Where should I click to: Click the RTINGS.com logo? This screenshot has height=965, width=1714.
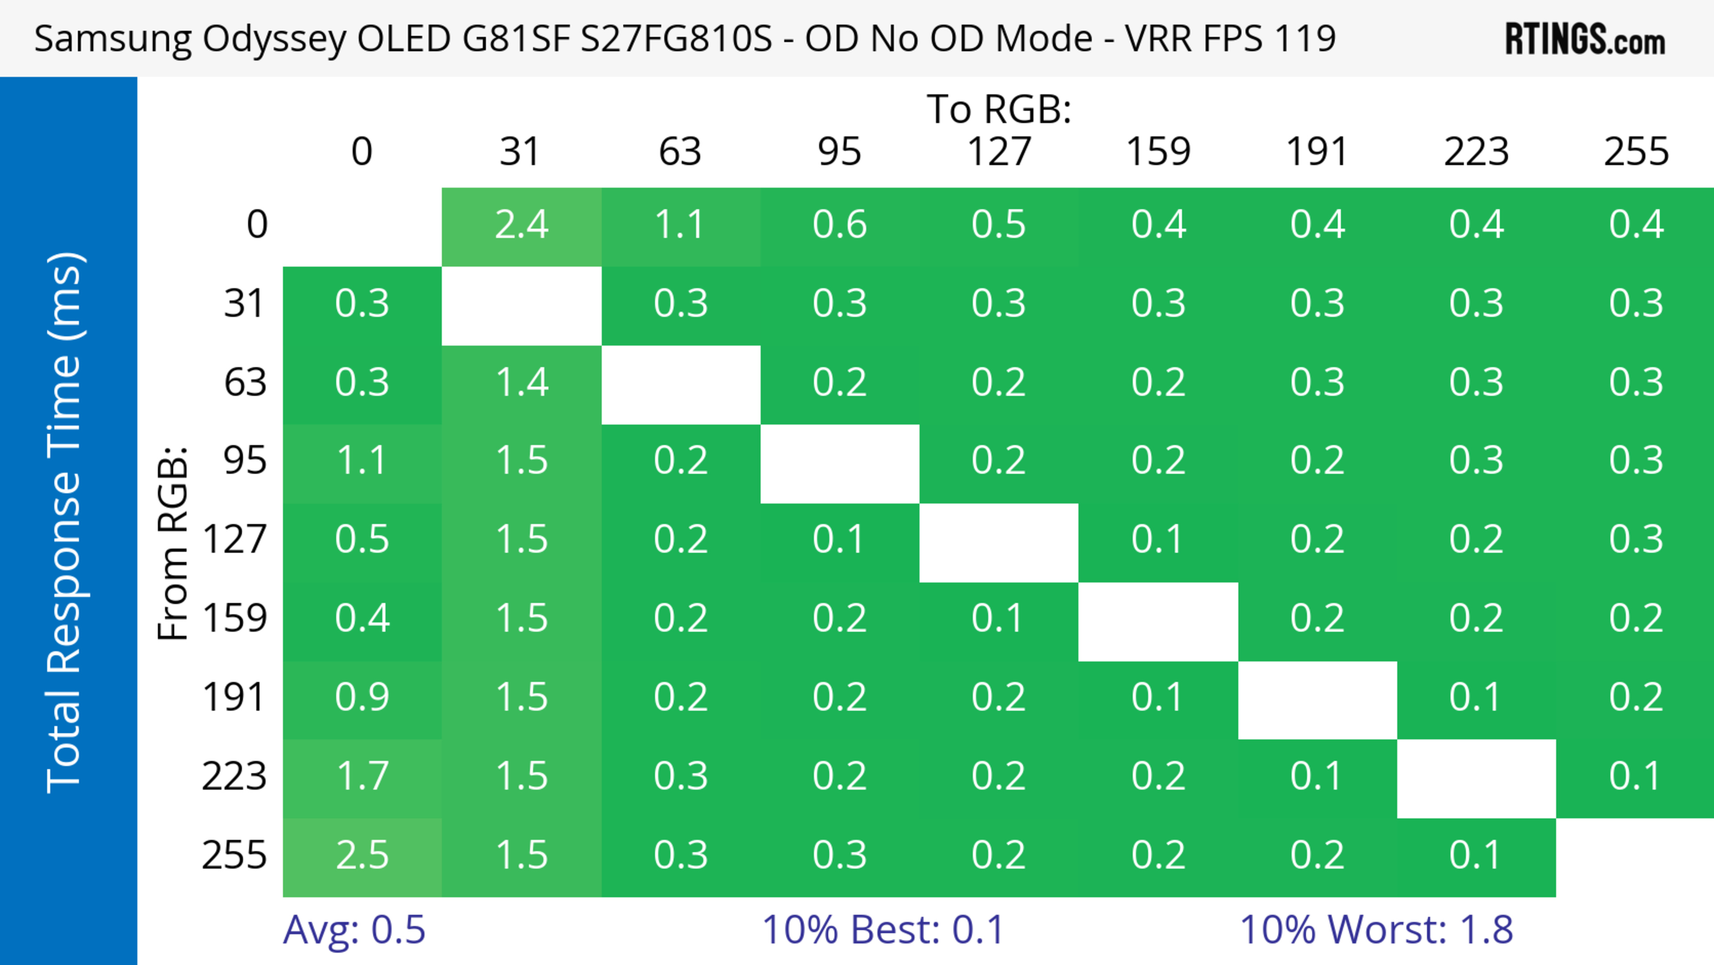[1585, 38]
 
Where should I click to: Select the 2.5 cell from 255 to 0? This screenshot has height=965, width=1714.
[362, 855]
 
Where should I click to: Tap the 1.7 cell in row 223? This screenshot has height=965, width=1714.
[362, 777]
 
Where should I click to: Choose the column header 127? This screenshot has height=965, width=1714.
[999, 152]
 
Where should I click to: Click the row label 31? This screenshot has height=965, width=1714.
[245, 304]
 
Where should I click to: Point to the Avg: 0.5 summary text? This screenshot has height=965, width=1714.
[354, 930]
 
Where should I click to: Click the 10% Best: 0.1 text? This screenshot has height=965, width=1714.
[883, 930]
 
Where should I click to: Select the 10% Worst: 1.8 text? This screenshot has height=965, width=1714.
[1376, 930]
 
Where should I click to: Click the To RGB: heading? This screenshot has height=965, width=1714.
[999, 109]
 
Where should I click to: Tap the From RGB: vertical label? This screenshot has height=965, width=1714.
[173, 543]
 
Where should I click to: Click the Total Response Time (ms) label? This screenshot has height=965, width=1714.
[65, 522]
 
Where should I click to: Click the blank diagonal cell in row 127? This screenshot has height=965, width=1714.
[999, 543]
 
